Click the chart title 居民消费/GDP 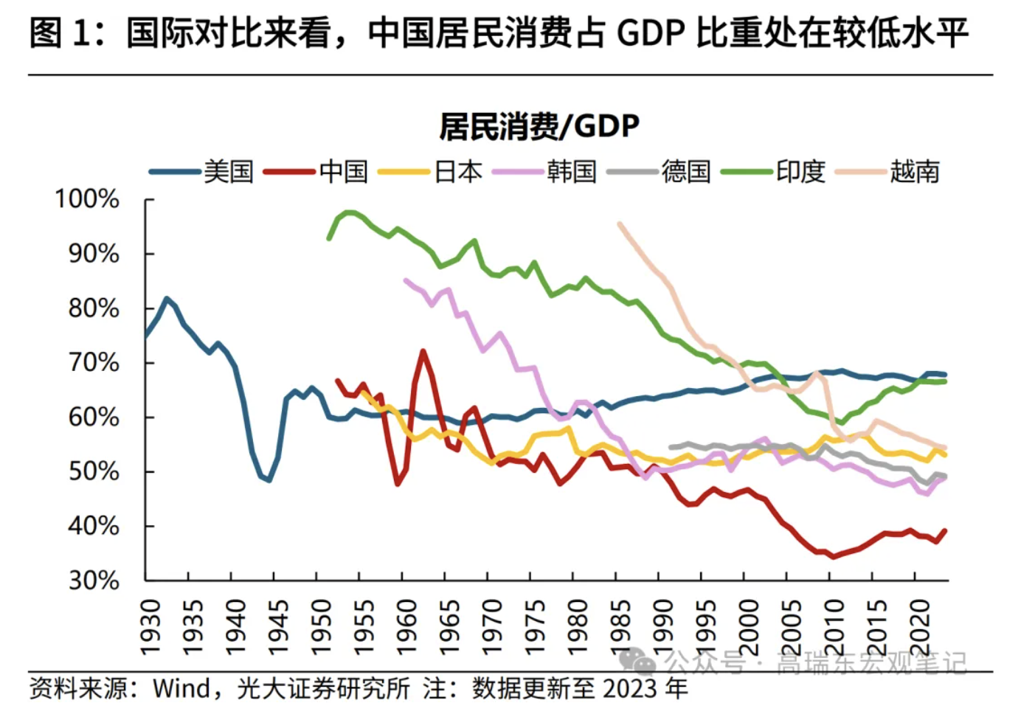(x=539, y=127)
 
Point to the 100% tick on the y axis (x=87, y=199)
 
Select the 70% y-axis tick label (x=93, y=363)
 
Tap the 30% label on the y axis (x=93, y=581)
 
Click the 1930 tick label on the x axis (x=150, y=627)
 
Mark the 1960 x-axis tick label (x=406, y=627)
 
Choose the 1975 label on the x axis (x=535, y=627)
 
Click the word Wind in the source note (x=181, y=689)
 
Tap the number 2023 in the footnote (x=629, y=689)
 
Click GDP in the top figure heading (x=651, y=33)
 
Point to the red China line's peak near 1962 (x=423, y=351)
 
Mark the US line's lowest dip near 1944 (x=269, y=480)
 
